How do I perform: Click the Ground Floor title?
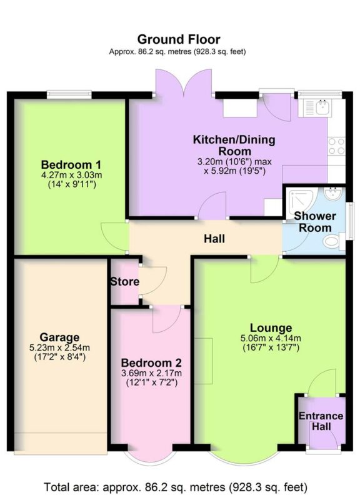(179, 40)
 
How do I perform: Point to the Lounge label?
(271, 327)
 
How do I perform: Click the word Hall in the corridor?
(214, 239)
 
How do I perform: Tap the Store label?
(125, 281)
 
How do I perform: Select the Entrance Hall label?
(321, 421)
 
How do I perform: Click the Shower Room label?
(315, 222)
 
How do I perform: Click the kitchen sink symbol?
(319, 107)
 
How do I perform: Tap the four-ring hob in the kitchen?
(337, 146)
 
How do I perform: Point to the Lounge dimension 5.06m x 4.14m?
(271, 339)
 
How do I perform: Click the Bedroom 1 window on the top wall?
(69, 95)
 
